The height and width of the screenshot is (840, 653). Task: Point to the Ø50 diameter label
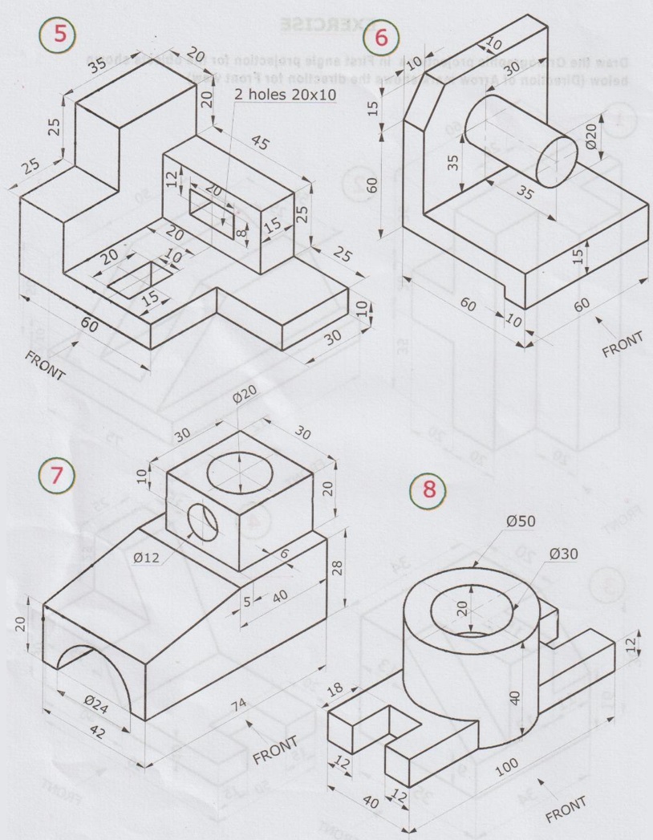click(521, 521)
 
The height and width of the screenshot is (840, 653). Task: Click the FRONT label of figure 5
click(46, 363)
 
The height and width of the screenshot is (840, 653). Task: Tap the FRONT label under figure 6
click(623, 343)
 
